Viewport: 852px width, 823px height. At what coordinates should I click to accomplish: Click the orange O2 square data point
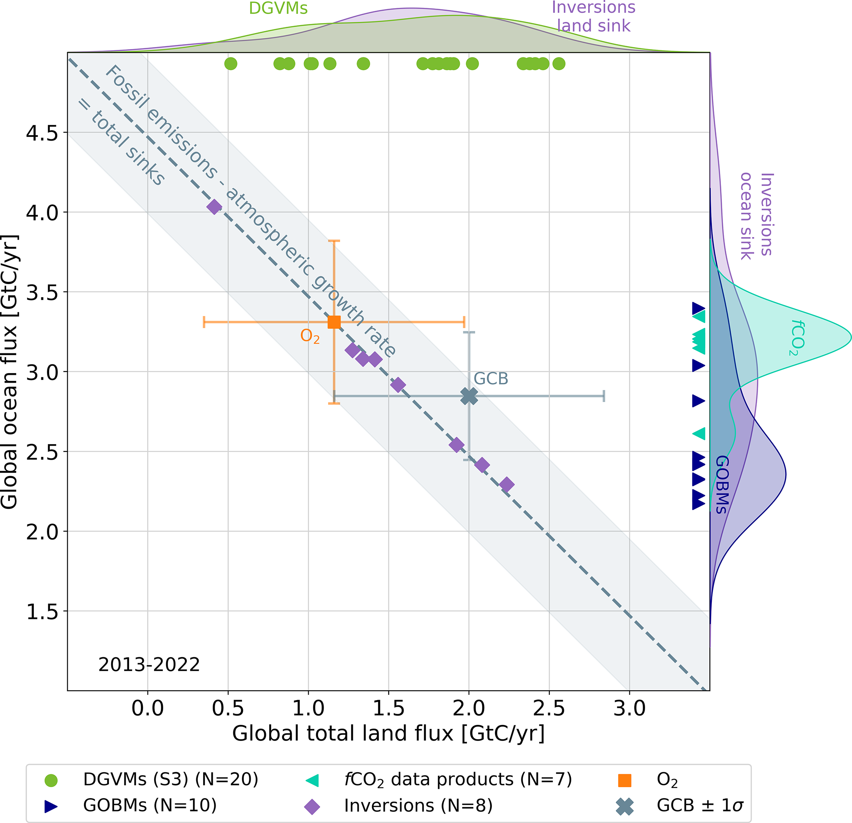[334, 322]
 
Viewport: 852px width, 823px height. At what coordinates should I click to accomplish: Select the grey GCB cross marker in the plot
[469, 396]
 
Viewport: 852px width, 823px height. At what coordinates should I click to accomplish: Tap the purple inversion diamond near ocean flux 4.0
[214, 207]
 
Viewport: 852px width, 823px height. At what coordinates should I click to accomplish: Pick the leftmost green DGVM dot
[231, 64]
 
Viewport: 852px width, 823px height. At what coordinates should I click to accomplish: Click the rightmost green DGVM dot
[559, 64]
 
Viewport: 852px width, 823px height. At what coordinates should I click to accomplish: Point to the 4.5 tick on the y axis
[42, 133]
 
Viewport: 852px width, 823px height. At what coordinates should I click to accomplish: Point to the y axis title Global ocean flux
[9, 372]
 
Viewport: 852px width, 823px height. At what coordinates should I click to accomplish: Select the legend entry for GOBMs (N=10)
[150, 806]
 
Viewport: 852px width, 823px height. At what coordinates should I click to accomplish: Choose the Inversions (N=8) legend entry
[418, 806]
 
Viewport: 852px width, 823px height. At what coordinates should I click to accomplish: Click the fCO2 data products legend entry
[458, 780]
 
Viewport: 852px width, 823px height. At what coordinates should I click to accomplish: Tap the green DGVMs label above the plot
[278, 8]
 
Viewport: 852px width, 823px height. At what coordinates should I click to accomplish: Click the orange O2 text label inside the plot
[310, 336]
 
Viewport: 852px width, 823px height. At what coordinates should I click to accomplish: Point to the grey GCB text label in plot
[491, 379]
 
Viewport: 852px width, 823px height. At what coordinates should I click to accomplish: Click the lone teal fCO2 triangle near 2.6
[699, 433]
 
